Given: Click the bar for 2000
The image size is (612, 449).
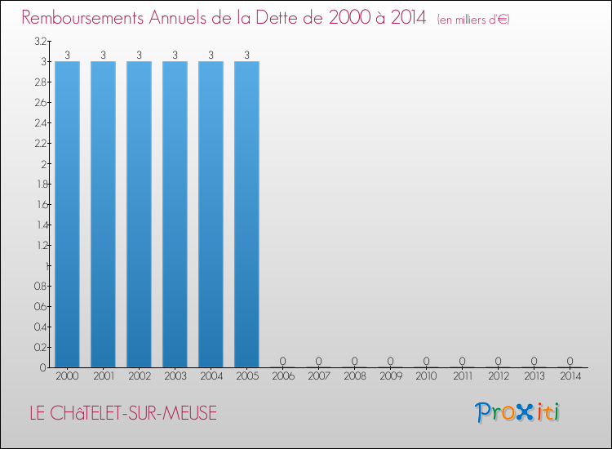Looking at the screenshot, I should pyautogui.click(x=67, y=214).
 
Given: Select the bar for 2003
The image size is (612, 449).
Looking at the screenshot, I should pyautogui.click(x=175, y=214).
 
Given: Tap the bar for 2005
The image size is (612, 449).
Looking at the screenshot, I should pyautogui.click(x=246, y=214).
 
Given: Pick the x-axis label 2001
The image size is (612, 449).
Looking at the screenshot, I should pyautogui.click(x=103, y=376).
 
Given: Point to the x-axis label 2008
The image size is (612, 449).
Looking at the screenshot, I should pyautogui.click(x=354, y=376).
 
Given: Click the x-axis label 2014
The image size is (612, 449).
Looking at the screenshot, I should pyautogui.click(x=570, y=376).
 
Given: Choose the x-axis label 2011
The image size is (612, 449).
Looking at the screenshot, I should pyautogui.click(x=462, y=376).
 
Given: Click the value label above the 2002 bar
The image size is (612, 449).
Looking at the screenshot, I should pyautogui.click(x=139, y=56).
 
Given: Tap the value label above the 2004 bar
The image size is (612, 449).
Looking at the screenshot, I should pyautogui.click(x=211, y=56).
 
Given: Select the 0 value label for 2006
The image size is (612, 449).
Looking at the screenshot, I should pyautogui.click(x=282, y=361).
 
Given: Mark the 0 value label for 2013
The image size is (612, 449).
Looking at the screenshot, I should pyautogui.click(x=534, y=361).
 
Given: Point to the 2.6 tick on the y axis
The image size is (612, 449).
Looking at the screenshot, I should pyautogui.click(x=40, y=103).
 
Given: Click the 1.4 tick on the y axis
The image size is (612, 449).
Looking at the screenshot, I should pyautogui.click(x=40, y=224).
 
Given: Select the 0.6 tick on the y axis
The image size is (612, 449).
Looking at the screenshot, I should pyautogui.click(x=40, y=306).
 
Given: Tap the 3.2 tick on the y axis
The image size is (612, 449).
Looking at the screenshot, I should pyautogui.click(x=40, y=42).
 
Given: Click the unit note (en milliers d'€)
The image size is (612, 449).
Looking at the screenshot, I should pyautogui.click(x=473, y=19).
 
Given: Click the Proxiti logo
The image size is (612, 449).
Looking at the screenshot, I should pyautogui.click(x=517, y=412).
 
